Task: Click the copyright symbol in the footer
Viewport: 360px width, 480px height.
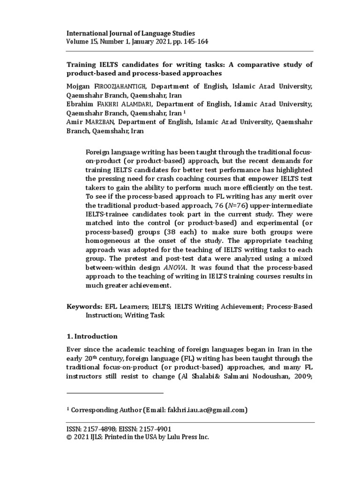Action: click(x=70, y=437)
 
